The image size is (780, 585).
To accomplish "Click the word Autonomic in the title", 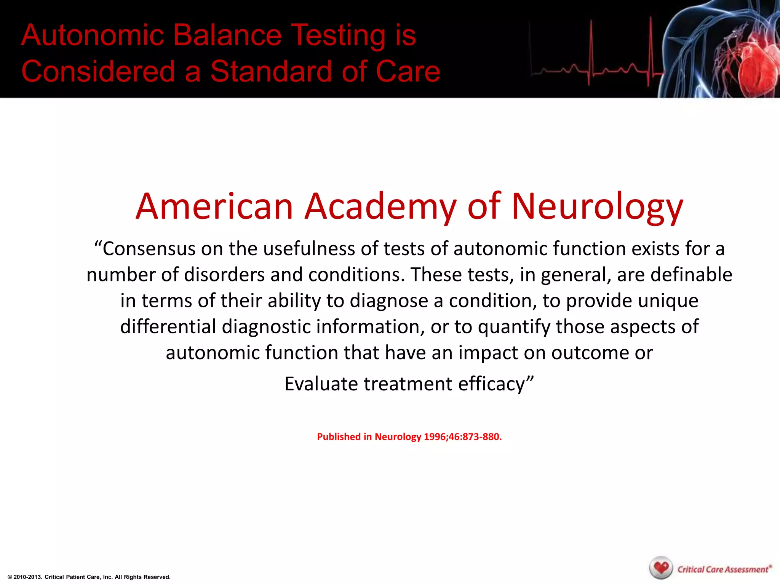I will pos(93,35).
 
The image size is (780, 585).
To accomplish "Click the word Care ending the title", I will pos(408,72).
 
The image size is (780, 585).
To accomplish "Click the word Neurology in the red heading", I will pos(597,207).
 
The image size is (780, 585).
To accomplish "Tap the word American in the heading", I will pos(214,207).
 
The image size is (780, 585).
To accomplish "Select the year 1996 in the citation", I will pos(434,437).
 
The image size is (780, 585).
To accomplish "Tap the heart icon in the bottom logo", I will pos(661,567).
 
